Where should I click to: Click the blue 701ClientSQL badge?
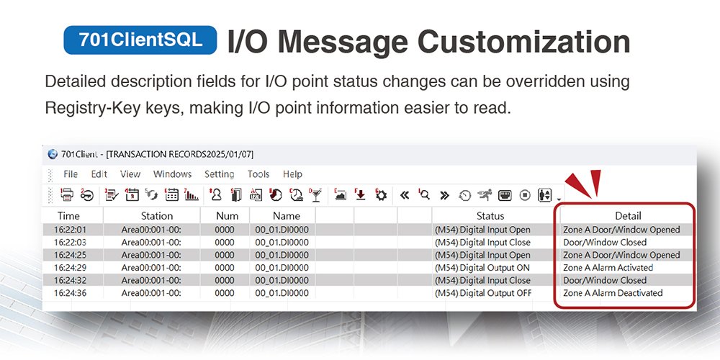(x=141, y=40)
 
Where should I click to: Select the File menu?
(x=71, y=174)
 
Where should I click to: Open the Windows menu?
(x=172, y=174)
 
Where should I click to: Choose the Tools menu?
(x=258, y=174)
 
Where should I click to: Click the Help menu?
(x=292, y=174)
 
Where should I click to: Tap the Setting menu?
(x=219, y=174)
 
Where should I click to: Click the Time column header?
(x=68, y=215)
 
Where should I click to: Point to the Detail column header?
(x=628, y=215)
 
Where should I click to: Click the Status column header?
(x=490, y=215)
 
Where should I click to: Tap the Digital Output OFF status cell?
(x=483, y=293)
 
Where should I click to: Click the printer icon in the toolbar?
(x=67, y=194)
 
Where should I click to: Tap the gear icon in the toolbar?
(x=381, y=194)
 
